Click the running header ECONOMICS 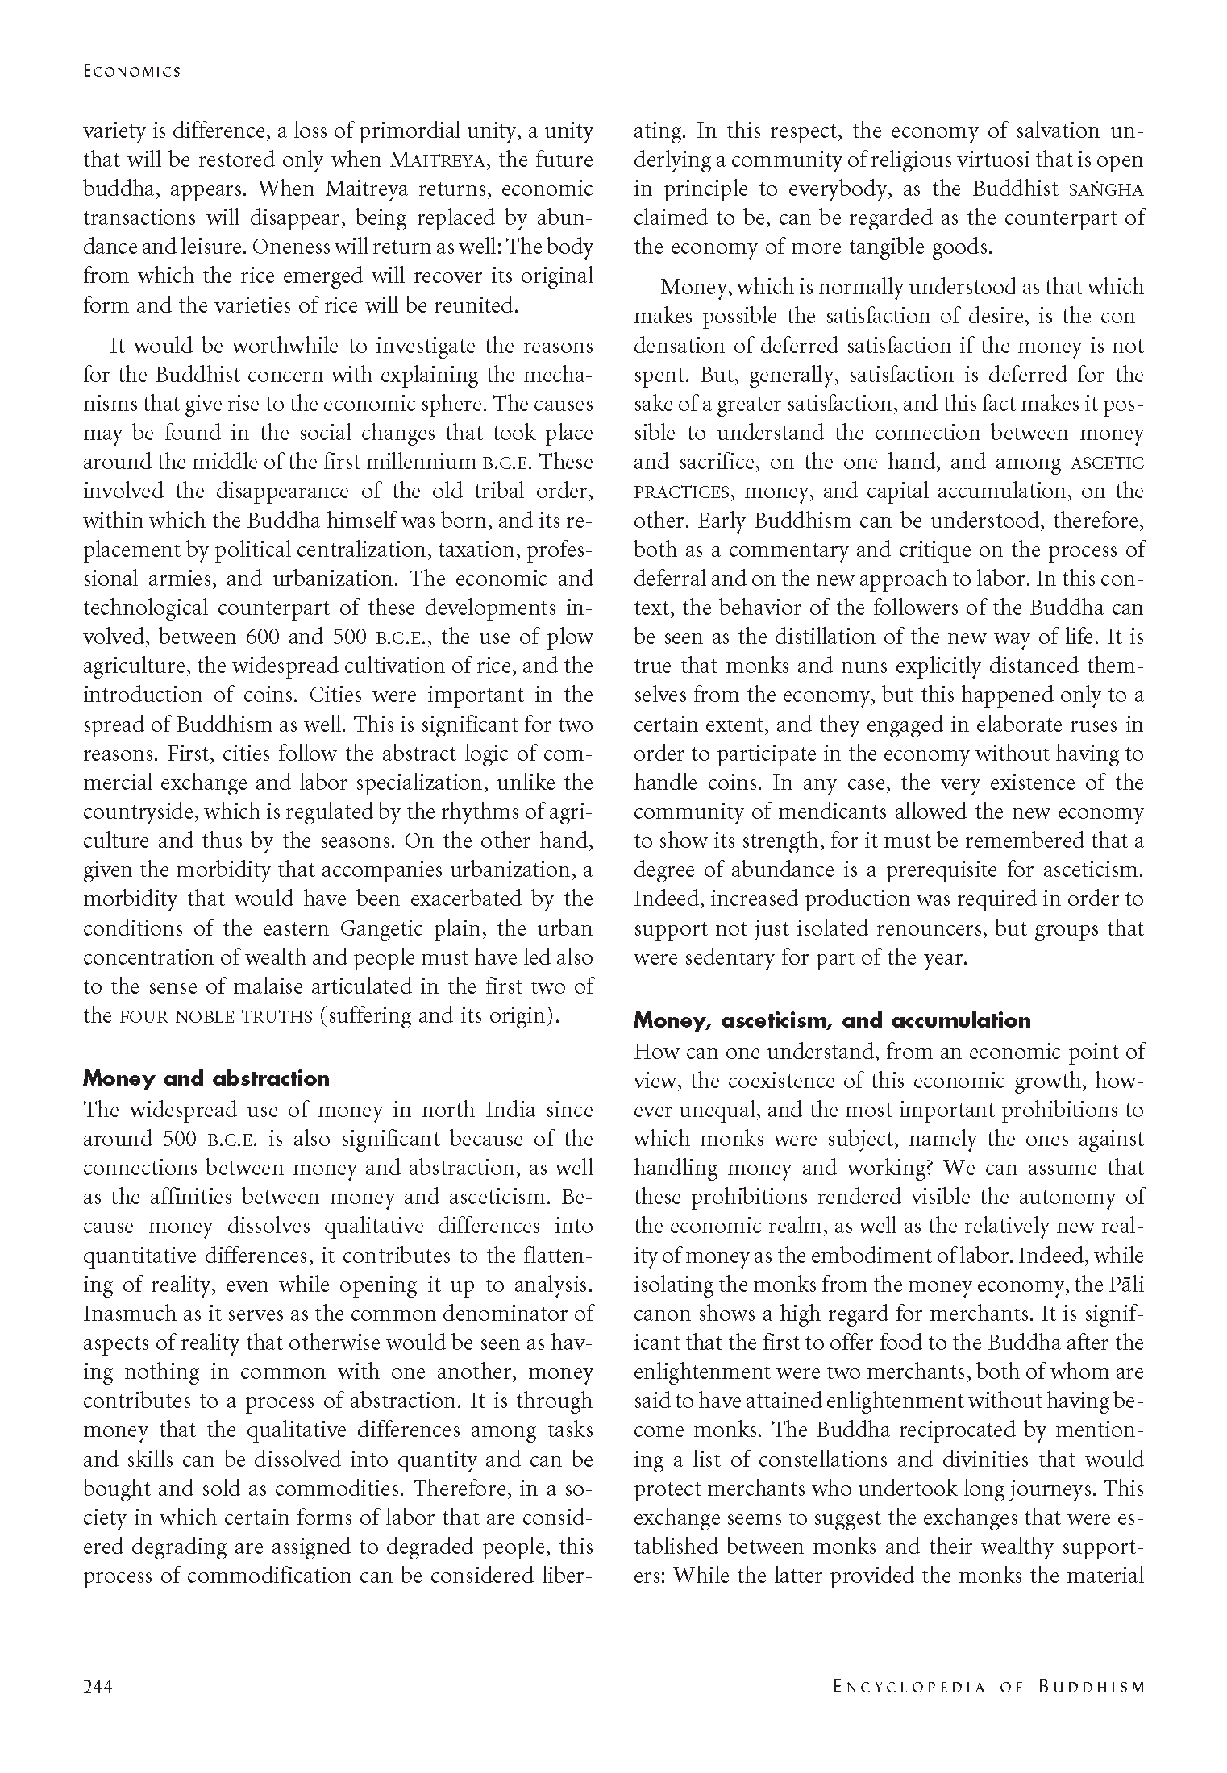tap(132, 71)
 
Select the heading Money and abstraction tap(206, 1078)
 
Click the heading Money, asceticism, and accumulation tap(832, 1020)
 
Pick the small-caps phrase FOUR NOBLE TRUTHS tap(215, 1015)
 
